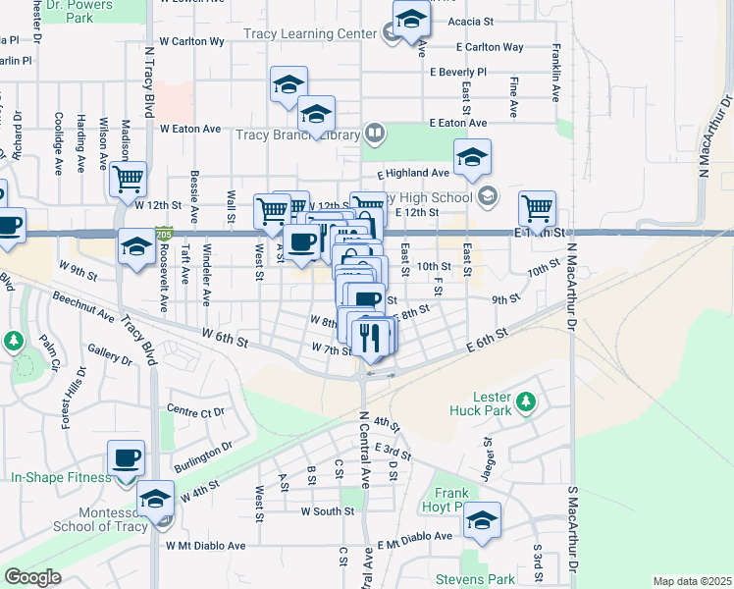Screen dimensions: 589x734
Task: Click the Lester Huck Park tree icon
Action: click(x=526, y=401)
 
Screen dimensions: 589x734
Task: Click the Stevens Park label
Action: click(x=483, y=578)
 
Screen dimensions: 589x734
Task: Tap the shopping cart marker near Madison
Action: click(x=129, y=180)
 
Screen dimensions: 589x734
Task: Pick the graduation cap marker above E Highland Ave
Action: click(x=472, y=157)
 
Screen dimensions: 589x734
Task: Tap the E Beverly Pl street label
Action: click(x=457, y=72)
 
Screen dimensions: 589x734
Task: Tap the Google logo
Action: click(x=32, y=577)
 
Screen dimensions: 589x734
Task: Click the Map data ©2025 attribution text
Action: click(x=691, y=581)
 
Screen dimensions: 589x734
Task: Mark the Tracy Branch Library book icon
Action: click(x=374, y=133)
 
